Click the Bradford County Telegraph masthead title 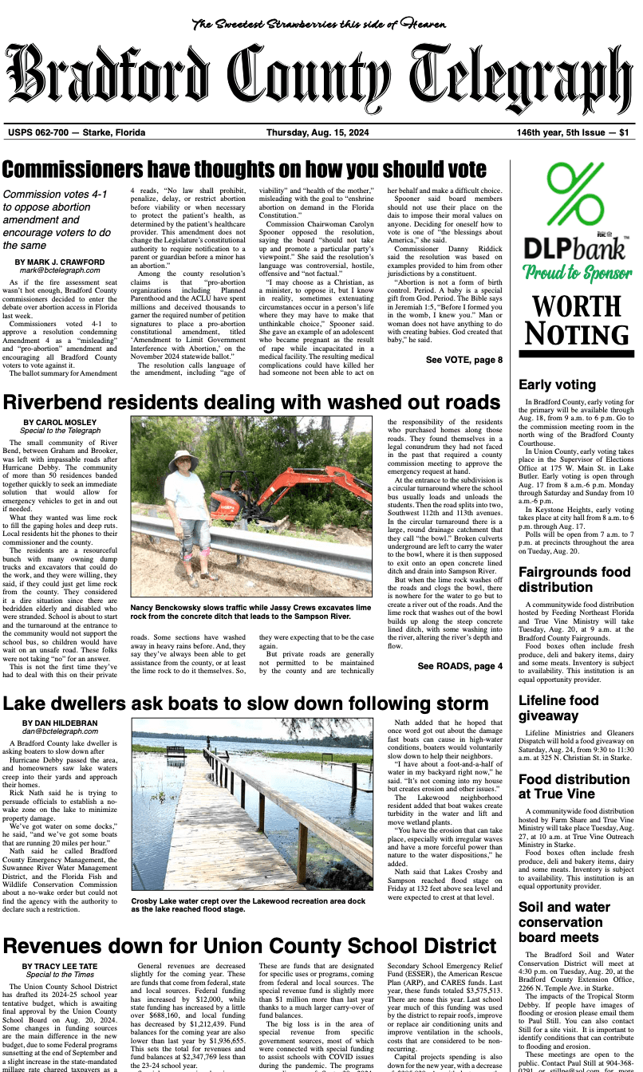[x=321, y=80]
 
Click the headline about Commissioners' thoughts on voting [x=244, y=170]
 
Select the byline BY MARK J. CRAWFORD [x=61, y=262]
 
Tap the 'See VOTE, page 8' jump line [x=464, y=360]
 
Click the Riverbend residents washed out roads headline [x=251, y=401]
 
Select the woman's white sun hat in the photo [x=183, y=456]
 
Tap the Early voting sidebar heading [x=557, y=384]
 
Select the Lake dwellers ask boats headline [x=246, y=704]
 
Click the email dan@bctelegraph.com [x=61, y=731]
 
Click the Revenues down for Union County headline [x=243, y=946]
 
